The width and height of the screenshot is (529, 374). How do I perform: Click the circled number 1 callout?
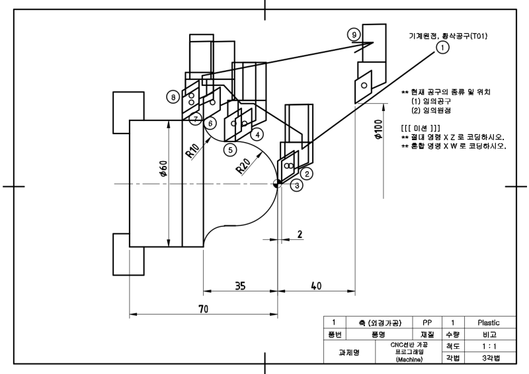tap(442, 47)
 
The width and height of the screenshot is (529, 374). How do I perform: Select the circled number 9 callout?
tap(354, 35)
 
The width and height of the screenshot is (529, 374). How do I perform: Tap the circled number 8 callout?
tap(173, 97)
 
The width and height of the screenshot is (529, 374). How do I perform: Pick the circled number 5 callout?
tap(230, 150)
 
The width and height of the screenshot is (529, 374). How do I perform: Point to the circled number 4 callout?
tap(257, 135)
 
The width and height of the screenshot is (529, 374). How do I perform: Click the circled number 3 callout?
tap(297, 185)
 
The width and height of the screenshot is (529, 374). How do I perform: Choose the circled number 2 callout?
tap(307, 174)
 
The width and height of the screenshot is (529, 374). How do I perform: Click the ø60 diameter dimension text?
tap(163, 168)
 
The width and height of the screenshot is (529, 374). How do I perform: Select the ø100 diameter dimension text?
tap(378, 129)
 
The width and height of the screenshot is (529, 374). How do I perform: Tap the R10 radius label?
tap(192, 151)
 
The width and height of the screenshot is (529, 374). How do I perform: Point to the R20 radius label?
tap(243, 166)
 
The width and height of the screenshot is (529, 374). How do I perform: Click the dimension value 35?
tap(240, 286)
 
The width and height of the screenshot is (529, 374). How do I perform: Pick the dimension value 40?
tap(316, 286)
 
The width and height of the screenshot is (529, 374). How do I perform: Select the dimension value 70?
tap(203, 309)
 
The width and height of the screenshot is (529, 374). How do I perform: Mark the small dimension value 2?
tap(300, 234)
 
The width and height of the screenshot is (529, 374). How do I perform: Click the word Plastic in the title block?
tap(489, 322)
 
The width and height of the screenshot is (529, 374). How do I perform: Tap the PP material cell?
tap(427, 322)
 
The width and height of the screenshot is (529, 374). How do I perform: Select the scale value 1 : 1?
tap(489, 346)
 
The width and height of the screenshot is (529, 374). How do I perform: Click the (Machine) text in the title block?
tap(409, 359)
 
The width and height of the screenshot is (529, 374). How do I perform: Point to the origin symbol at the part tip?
tap(277, 184)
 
